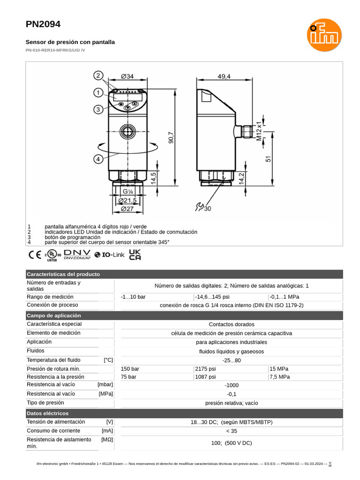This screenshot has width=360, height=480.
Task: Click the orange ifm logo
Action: click(x=324, y=35)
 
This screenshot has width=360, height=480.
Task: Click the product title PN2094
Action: click(x=43, y=24)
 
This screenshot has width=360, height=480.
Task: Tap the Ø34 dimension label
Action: click(x=127, y=76)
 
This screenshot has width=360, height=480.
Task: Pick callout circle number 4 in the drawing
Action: click(x=98, y=159)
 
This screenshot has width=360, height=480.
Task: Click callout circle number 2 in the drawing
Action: click(x=98, y=75)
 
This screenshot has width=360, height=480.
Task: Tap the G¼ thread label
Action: click(x=127, y=192)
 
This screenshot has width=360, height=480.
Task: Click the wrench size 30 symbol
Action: click(x=203, y=207)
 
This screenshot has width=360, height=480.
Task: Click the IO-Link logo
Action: click(x=109, y=255)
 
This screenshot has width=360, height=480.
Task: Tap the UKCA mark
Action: click(x=135, y=255)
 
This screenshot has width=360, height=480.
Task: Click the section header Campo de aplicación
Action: click(x=54, y=315)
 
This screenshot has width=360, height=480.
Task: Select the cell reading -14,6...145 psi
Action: click(x=212, y=297)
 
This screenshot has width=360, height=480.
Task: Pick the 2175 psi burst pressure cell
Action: click(x=205, y=368)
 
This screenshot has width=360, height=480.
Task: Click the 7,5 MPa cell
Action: click(x=280, y=377)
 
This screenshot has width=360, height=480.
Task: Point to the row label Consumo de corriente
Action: click(x=53, y=430)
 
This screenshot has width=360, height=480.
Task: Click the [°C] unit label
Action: click(x=108, y=360)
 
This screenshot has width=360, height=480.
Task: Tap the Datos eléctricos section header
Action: click(x=48, y=413)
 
